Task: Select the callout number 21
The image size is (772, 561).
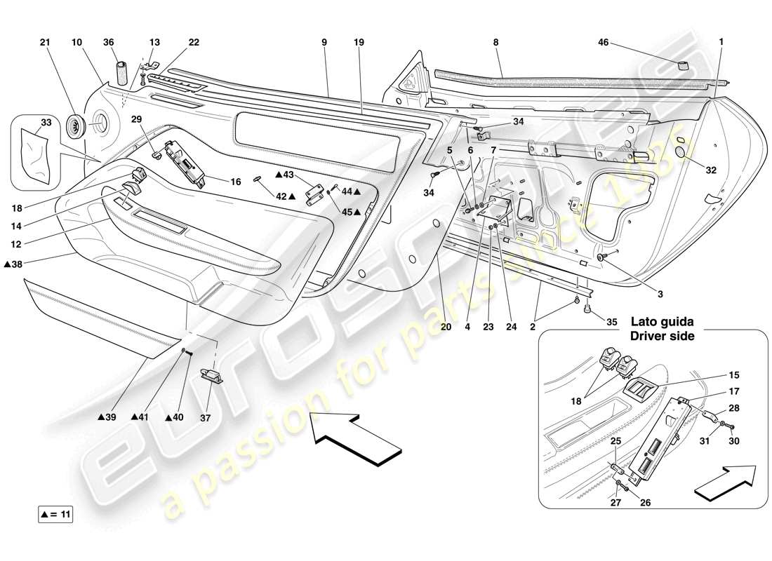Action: tap(46, 43)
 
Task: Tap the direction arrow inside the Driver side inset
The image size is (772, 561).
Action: tap(726, 483)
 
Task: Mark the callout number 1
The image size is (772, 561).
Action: tap(721, 43)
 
